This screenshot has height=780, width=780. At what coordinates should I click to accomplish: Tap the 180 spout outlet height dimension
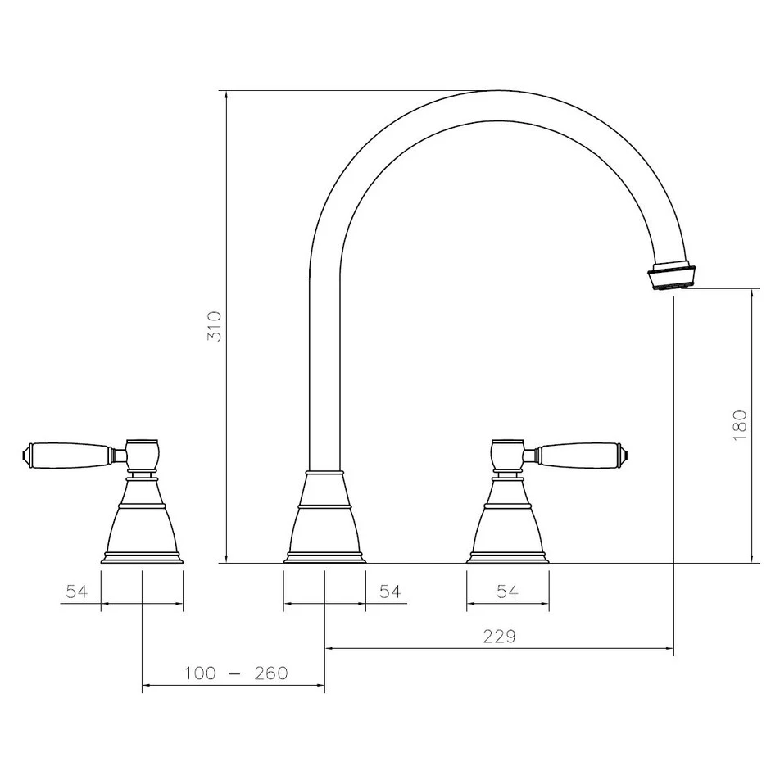coord(740,426)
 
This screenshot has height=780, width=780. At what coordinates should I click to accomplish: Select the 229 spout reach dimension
coord(499,637)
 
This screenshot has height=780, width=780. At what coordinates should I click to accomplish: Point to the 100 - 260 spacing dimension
coord(236,673)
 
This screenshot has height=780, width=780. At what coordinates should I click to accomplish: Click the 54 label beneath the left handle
coord(77,592)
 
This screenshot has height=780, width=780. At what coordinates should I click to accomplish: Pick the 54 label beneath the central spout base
coord(390,592)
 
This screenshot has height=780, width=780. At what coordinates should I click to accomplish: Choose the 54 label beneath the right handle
coord(507,592)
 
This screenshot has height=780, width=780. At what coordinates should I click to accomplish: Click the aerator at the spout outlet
coord(673,275)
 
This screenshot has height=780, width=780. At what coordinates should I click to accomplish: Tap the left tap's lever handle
coord(74,453)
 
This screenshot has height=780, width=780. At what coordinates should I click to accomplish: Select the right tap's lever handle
coord(578,453)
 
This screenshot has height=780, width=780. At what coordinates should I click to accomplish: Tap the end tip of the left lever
coord(25,451)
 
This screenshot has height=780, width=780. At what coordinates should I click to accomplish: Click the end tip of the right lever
coord(627,452)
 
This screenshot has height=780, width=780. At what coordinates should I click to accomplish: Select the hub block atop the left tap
coord(142,453)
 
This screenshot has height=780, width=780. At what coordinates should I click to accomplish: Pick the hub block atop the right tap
coord(507,453)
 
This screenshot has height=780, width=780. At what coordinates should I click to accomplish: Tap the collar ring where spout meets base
coord(325,473)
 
